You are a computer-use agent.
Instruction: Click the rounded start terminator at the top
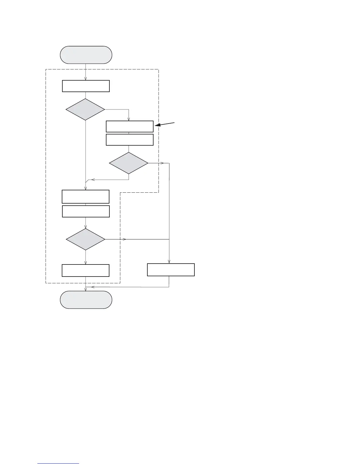(x=86, y=55)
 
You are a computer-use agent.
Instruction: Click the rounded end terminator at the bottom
(x=86, y=300)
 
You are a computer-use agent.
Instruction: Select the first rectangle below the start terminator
(x=86, y=86)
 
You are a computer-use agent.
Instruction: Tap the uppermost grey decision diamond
(x=85, y=109)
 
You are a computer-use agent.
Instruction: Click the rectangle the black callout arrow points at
(x=129, y=127)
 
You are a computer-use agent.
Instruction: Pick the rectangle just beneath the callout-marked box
(x=129, y=140)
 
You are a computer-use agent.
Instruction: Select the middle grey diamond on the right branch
(x=129, y=163)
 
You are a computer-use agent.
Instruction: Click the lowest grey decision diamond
(x=85, y=239)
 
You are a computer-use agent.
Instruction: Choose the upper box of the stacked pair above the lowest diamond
(x=86, y=197)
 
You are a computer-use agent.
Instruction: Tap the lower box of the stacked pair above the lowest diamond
(x=86, y=211)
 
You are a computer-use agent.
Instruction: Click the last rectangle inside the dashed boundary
(x=86, y=270)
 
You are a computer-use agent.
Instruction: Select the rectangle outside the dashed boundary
(x=171, y=270)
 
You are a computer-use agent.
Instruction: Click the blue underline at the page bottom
(x=58, y=463)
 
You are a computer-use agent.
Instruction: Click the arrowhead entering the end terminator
(x=86, y=289)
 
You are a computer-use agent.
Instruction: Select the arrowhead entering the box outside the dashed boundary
(x=169, y=261)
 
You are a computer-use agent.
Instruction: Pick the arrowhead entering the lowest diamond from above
(x=86, y=227)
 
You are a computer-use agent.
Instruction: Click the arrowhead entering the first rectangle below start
(x=86, y=79)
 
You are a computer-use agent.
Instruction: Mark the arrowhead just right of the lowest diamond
(x=124, y=239)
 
